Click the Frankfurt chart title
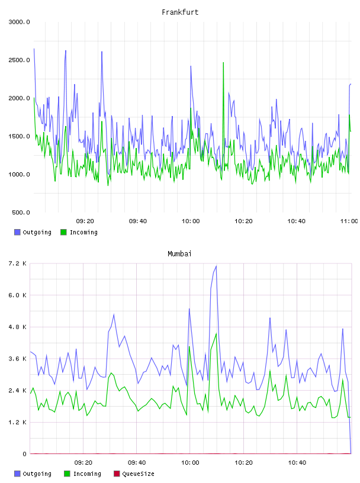point(180,12)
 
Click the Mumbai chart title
point(179,254)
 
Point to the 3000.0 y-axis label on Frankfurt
point(19,22)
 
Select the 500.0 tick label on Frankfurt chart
point(21,212)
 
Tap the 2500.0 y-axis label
point(19,60)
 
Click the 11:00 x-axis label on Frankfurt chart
point(349,221)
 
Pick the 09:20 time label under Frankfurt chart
point(85,221)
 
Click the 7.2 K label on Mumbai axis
point(18,263)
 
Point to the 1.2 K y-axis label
point(18,422)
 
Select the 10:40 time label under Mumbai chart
point(297,463)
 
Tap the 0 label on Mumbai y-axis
point(25,454)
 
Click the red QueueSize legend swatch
point(117,474)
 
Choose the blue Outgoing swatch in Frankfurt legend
point(17,232)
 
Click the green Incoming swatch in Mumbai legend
point(67,474)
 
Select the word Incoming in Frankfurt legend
point(83,233)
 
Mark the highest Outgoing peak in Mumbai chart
point(216,266)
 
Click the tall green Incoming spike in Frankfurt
point(223,63)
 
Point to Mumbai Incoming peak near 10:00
point(189,346)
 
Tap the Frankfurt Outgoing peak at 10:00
point(191,66)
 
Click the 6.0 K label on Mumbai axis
point(18,295)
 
